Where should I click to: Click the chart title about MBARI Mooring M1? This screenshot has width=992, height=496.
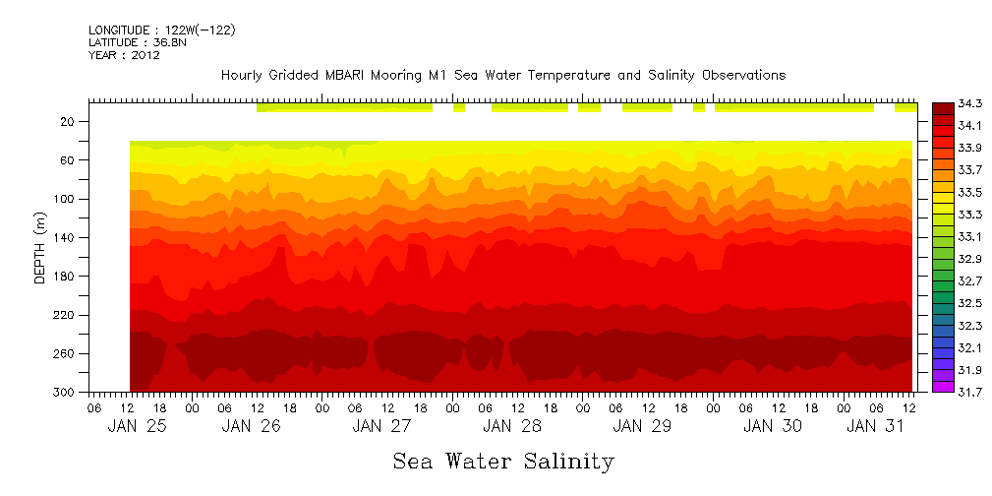coord(503,76)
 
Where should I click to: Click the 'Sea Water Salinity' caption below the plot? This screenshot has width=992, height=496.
coord(503,462)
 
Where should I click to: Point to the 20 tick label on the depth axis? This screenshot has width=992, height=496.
coord(68,122)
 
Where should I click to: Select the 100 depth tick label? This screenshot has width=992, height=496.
coord(65,199)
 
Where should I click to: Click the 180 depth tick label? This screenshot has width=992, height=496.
coord(65,277)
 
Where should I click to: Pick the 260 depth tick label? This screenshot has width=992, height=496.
coord(65,353)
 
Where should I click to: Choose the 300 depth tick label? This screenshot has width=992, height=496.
coord(65,393)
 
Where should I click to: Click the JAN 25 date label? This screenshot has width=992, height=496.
coord(137,426)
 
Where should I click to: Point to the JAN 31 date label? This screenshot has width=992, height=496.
coord(876,426)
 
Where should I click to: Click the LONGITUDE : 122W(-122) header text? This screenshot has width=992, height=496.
coord(161,31)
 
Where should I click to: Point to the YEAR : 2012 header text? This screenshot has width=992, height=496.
coord(124,56)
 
